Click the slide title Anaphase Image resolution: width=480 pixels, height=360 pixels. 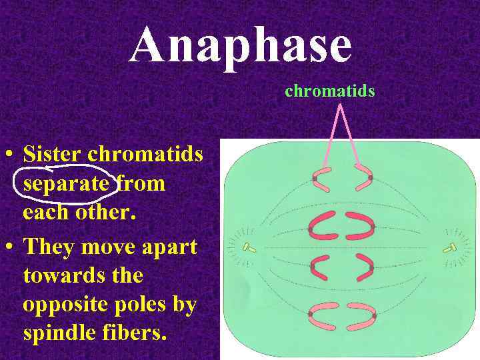(x=240, y=45)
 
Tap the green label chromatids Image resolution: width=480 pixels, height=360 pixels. (x=330, y=91)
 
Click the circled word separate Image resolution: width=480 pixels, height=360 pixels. (x=66, y=183)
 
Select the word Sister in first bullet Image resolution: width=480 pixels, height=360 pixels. (x=53, y=155)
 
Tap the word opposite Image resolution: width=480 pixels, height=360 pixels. (x=68, y=305)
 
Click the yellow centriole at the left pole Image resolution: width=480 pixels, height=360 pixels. (x=249, y=249)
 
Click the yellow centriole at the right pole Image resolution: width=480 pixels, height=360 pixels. (x=451, y=249)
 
